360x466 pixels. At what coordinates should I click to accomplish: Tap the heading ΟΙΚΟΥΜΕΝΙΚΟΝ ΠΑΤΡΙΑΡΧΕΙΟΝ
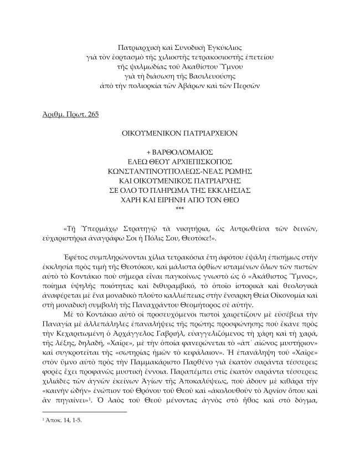tap(179, 134)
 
